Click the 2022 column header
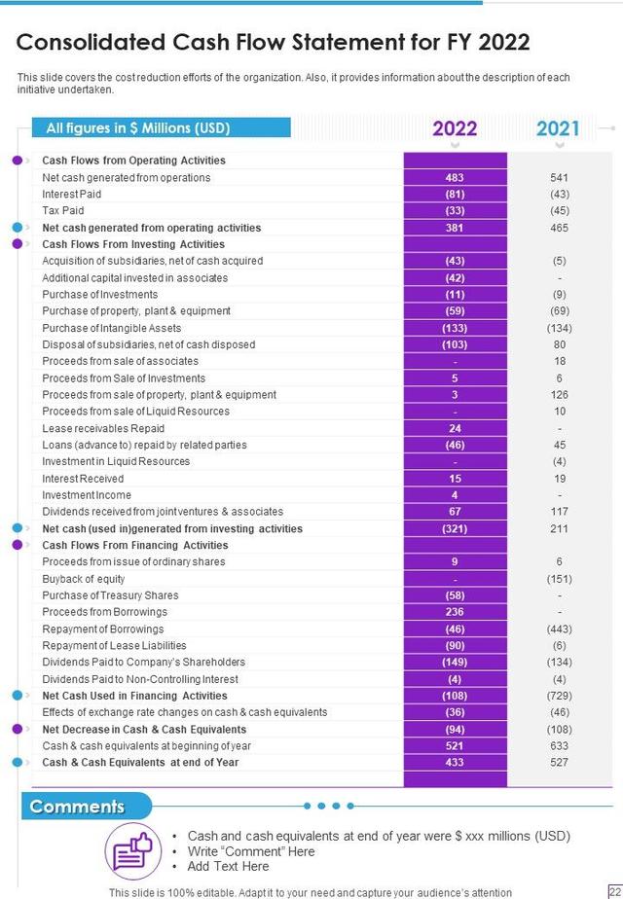pyautogui.click(x=455, y=128)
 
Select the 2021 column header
pyautogui.click(x=558, y=128)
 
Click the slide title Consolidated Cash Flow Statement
pyautogui.click(x=274, y=42)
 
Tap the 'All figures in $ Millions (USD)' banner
pyautogui.click(x=138, y=127)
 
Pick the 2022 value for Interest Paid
pyautogui.click(x=455, y=194)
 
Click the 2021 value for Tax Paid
pyautogui.click(x=559, y=210)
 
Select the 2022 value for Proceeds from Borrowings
pyautogui.click(x=455, y=612)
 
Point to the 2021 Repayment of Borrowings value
pyautogui.click(x=559, y=629)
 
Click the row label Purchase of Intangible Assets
pyautogui.click(x=112, y=328)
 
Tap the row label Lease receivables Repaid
pyautogui.click(x=103, y=428)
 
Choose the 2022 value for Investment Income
pyautogui.click(x=455, y=495)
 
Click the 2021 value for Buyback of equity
pyautogui.click(x=559, y=579)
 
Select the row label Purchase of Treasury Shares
pyautogui.click(x=110, y=595)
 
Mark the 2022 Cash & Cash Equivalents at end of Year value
pyautogui.click(x=455, y=762)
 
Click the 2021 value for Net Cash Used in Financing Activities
pyautogui.click(x=559, y=696)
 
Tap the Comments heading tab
pyautogui.click(x=78, y=807)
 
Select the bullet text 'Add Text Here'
pyautogui.click(x=228, y=866)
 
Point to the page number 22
pyautogui.click(x=613, y=891)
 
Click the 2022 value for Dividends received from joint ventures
pyautogui.click(x=455, y=512)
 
